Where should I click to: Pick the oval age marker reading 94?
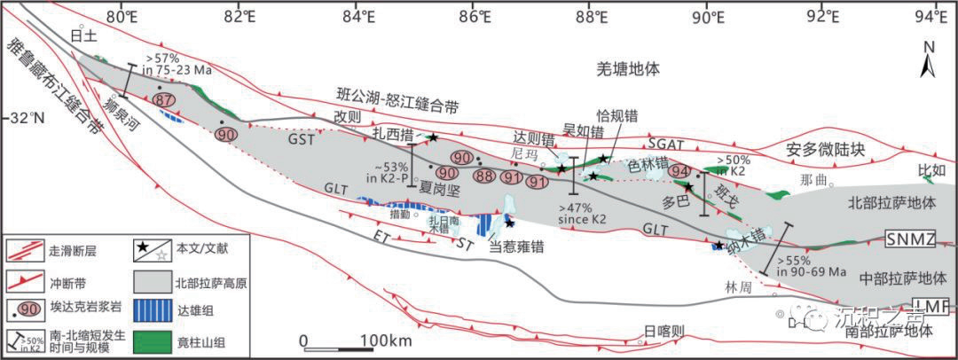680,171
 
